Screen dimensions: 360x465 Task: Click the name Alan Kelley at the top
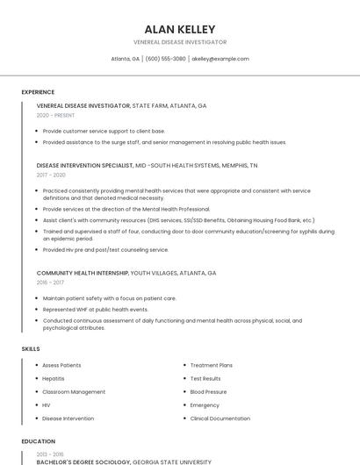[x=179, y=29]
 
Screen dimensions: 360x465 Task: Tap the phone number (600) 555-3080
[x=166, y=59]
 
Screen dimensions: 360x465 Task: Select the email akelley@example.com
[x=220, y=59]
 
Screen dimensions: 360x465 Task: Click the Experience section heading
[x=38, y=92]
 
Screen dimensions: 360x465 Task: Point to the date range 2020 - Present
[x=55, y=115]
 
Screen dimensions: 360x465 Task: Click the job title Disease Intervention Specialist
[x=83, y=165]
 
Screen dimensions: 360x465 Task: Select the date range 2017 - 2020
[x=51, y=175]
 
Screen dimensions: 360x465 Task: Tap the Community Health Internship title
[x=83, y=273]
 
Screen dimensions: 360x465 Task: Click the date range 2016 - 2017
[x=50, y=283]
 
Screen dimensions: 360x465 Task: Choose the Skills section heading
[x=31, y=349]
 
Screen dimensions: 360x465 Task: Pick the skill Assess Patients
[x=61, y=365]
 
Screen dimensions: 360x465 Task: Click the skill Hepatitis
[x=54, y=378]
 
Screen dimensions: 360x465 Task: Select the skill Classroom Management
[x=74, y=392]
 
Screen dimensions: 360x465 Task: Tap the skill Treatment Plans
[x=212, y=365]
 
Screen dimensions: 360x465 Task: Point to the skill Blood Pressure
[x=208, y=392]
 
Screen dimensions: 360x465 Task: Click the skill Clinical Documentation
[x=220, y=418]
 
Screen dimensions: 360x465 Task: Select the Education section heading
[x=38, y=441]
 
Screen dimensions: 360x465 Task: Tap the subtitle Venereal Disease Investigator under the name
[x=179, y=42]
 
